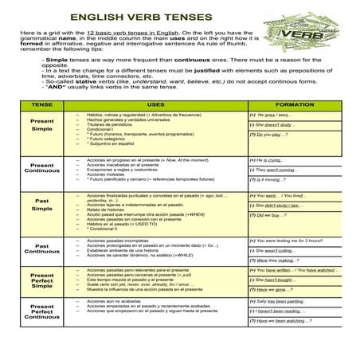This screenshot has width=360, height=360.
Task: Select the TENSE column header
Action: point(41,104)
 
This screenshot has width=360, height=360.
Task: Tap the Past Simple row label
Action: point(41,205)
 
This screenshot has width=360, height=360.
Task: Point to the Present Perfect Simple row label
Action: point(41,280)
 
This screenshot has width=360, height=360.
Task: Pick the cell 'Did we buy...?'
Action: point(272,215)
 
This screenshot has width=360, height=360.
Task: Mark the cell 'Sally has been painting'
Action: point(278,301)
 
